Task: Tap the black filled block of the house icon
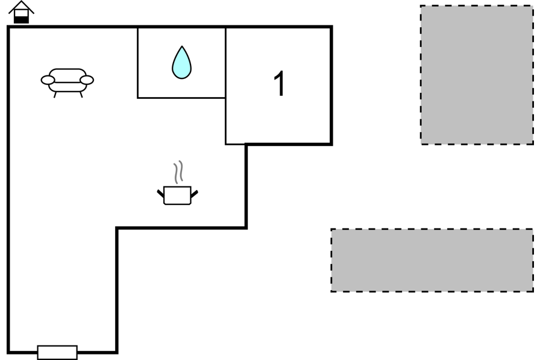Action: coord(21,19)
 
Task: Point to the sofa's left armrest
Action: coord(48,80)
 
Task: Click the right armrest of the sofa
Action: coord(87,80)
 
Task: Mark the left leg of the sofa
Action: coord(55,94)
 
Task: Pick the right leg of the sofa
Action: coord(80,94)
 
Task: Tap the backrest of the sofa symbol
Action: coord(67,72)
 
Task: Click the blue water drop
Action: coord(181,63)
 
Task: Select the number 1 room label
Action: coord(279,84)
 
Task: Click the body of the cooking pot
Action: coord(177,195)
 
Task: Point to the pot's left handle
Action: coord(161,193)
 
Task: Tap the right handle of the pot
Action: coord(194,193)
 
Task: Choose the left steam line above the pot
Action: coord(175,172)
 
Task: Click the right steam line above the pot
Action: coord(180,172)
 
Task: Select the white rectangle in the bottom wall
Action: coord(57,352)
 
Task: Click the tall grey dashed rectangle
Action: coord(476,75)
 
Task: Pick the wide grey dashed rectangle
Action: coord(432,260)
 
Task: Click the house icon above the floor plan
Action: coord(21,12)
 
